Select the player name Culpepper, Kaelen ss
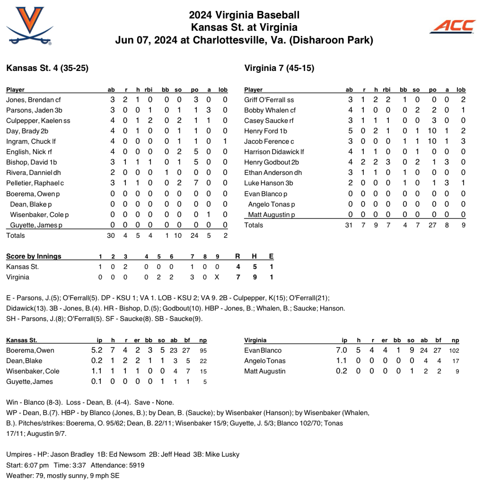point(38,121)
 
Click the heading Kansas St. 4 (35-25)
point(47,68)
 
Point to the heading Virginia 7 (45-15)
point(279,68)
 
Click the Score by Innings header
point(34,256)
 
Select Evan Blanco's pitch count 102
point(455,350)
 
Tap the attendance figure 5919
point(135,465)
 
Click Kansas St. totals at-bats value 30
point(111,235)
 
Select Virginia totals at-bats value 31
point(349,225)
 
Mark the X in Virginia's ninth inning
point(217,277)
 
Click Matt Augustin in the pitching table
point(265,371)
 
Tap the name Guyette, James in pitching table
point(29,381)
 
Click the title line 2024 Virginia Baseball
point(244,16)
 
